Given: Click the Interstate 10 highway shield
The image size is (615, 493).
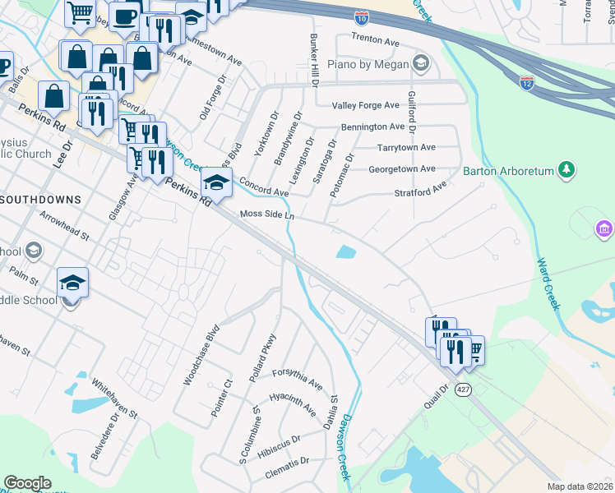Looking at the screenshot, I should coord(362,16).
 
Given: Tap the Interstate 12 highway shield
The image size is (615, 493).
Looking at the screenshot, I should coord(527,83).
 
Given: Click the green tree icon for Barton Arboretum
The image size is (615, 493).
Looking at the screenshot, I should coord(566,170).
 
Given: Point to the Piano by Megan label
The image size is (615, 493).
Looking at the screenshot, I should coord(373,63).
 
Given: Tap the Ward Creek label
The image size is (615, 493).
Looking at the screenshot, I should coord(548,284).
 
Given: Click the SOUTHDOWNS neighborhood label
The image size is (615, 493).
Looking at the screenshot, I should coord(41,200).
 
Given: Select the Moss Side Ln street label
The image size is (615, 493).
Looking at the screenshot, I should coord(266,214).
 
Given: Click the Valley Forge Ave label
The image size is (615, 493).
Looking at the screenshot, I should coord(365,106).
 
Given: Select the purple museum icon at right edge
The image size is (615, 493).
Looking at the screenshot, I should coord(604,228).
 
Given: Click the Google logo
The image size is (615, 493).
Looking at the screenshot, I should coord(27,483).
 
